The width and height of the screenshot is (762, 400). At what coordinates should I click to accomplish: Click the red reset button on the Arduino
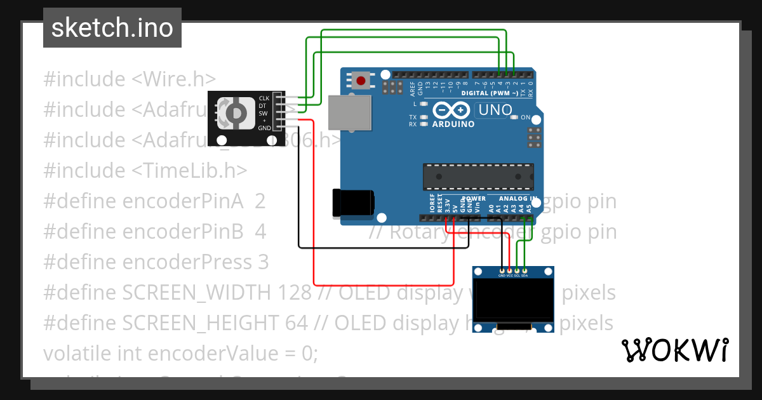[x=361, y=81]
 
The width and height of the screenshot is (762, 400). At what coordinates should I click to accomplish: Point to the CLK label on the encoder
[x=264, y=98]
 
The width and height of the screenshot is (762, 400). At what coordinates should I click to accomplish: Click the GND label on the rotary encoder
[x=264, y=128]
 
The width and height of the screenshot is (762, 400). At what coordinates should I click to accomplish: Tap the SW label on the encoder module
[x=263, y=113]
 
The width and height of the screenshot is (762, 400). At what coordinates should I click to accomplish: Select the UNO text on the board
[x=495, y=110]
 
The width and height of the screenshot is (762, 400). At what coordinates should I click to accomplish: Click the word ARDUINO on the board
[x=453, y=124]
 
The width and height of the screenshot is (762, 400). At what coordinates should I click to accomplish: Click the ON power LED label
[x=525, y=117]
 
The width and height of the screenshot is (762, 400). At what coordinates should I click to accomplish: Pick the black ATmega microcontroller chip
[x=478, y=176]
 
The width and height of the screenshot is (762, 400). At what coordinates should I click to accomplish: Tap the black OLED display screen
[x=514, y=300]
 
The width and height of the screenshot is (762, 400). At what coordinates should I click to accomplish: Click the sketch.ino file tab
[x=112, y=28]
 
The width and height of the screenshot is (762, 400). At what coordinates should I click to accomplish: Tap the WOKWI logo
[x=674, y=350]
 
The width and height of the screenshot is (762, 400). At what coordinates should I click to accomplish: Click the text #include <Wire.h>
[x=130, y=79]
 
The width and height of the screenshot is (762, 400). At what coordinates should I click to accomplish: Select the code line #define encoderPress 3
[x=156, y=262]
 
